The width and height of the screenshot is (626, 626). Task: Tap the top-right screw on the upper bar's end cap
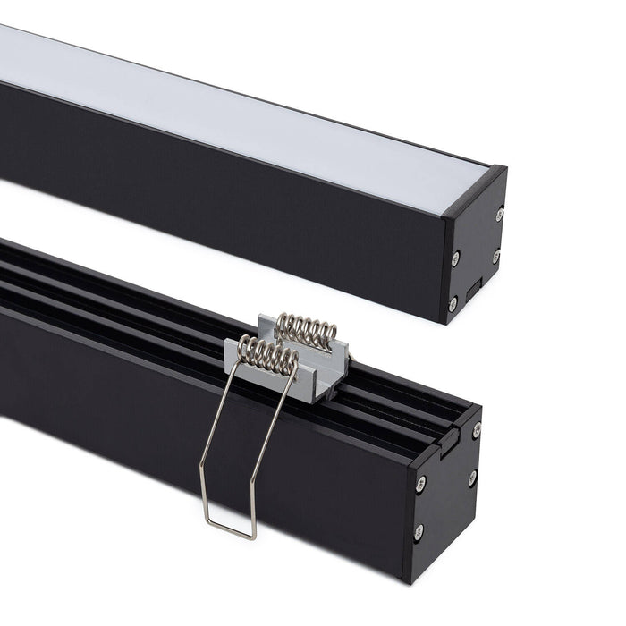pos(499,214)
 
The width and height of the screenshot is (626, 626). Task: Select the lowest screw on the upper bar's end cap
pos(453,303)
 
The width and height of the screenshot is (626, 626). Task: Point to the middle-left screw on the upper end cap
pos(456,258)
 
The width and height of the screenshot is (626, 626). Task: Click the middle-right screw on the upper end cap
pos(495,257)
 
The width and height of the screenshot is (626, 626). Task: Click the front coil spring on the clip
pos(266,356)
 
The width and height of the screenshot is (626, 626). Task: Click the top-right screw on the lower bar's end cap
pos(477,430)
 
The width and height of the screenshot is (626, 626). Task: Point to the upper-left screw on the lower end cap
pos(421,484)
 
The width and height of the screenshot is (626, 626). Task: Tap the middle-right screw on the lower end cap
pos(471,478)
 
